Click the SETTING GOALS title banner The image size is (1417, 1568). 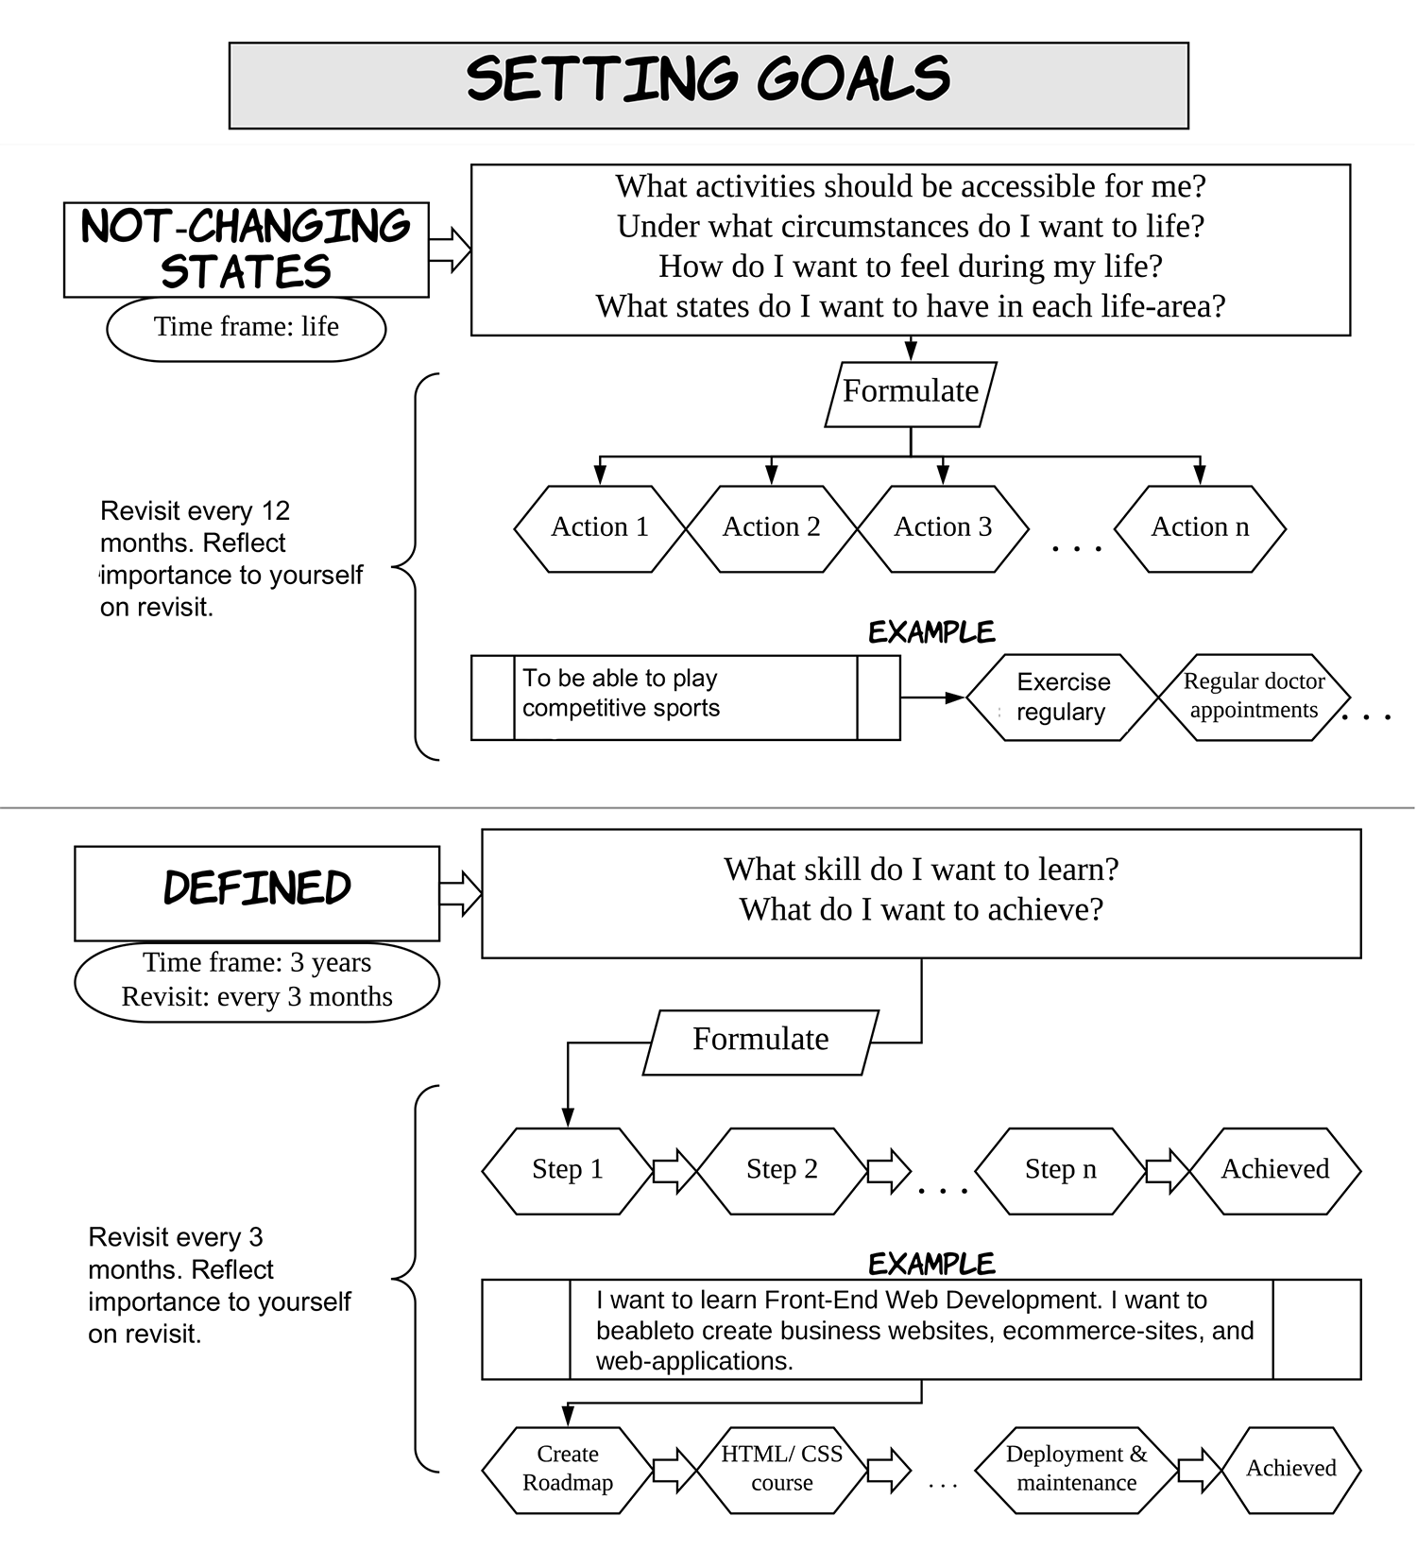point(708,85)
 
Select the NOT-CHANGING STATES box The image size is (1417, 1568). point(246,250)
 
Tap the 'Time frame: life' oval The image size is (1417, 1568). point(246,329)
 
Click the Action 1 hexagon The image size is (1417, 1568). point(600,528)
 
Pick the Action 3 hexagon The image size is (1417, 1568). point(943,528)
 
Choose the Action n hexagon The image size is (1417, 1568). point(1200,528)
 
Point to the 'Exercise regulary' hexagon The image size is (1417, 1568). point(1062,698)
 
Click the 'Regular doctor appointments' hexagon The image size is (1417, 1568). point(1254,698)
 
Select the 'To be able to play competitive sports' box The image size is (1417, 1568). point(685,698)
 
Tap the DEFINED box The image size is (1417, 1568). point(257,893)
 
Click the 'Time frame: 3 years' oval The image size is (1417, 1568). point(257,982)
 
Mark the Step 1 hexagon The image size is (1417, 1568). point(567,1171)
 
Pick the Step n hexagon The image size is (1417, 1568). point(1061,1171)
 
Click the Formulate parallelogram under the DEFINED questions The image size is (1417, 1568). point(760,1042)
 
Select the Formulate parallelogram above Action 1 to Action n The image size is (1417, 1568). point(911,394)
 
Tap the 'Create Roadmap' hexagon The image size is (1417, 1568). point(567,1470)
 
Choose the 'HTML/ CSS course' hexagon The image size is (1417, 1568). point(781,1470)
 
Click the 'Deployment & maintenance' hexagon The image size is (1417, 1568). point(1077,1470)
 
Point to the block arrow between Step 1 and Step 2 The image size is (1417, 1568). point(674,1171)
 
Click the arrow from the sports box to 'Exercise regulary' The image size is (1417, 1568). point(932,698)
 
